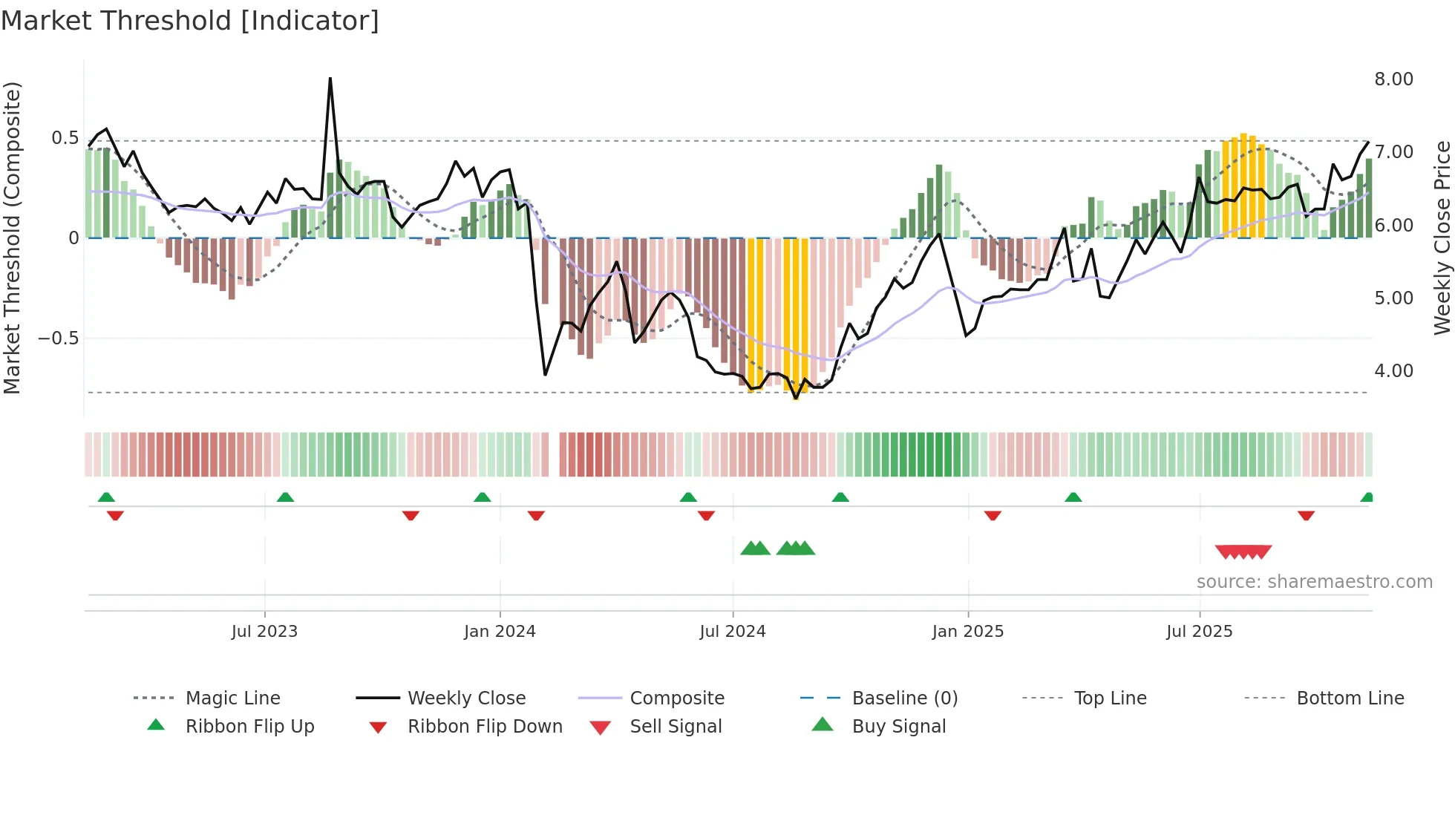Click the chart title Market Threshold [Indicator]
pyautogui.click(x=190, y=21)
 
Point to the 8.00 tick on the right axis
pyautogui.click(x=1393, y=79)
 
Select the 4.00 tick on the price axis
pyautogui.click(x=1393, y=371)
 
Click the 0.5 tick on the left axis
pyautogui.click(x=65, y=138)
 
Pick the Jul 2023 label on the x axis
pyautogui.click(x=264, y=632)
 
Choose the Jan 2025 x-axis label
pyautogui.click(x=967, y=632)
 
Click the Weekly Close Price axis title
pyautogui.click(x=1442, y=238)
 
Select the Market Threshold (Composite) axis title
pyautogui.click(x=12, y=238)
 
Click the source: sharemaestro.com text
pyautogui.click(x=1314, y=582)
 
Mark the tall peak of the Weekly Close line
pyautogui.click(x=330, y=79)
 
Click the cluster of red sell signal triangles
pyautogui.click(x=1243, y=552)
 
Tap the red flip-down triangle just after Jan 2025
pyautogui.click(x=993, y=515)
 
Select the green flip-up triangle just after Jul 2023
pyautogui.click(x=285, y=497)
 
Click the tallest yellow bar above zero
pyautogui.click(x=1243, y=186)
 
